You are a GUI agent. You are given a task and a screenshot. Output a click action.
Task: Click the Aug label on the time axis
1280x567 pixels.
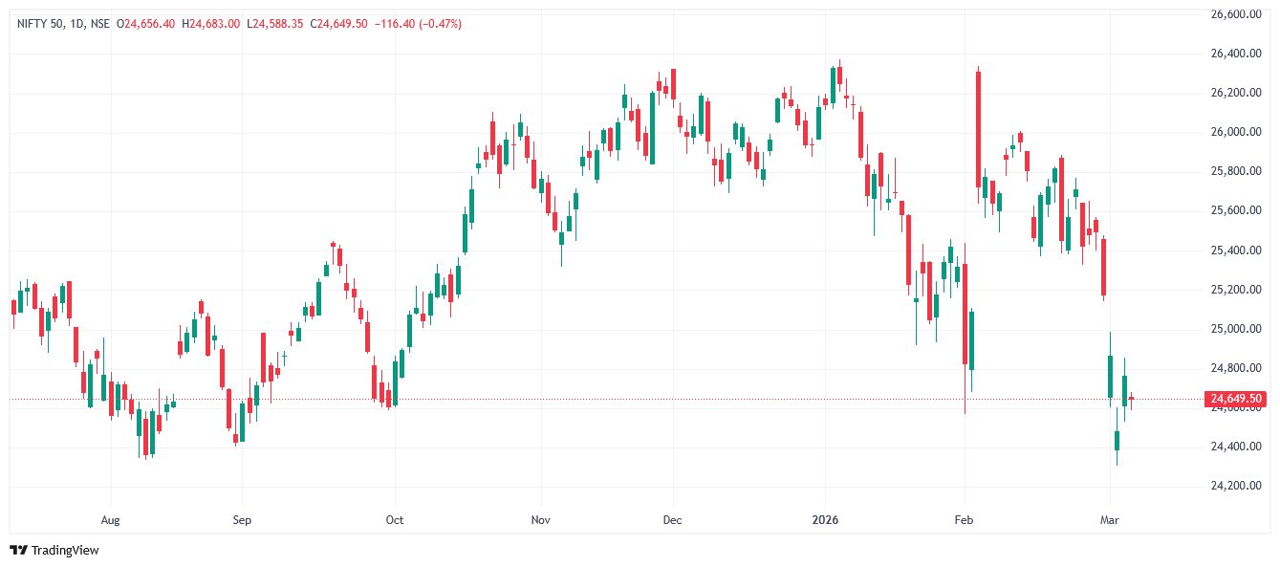click(x=111, y=520)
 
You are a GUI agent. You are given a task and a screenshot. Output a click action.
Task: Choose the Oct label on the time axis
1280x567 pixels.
click(x=394, y=520)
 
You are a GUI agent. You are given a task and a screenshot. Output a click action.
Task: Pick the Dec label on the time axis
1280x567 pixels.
click(x=672, y=520)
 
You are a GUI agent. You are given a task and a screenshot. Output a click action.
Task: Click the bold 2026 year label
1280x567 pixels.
click(x=824, y=520)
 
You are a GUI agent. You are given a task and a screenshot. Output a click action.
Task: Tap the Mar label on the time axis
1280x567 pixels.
click(x=1110, y=520)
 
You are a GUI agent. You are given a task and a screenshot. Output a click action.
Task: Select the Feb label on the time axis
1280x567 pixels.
click(x=964, y=520)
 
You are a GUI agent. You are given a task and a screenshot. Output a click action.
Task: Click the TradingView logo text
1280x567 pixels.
click(x=65, y=550)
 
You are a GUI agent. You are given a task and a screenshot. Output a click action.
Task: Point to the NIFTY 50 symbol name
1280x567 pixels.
click(x=39, y=24)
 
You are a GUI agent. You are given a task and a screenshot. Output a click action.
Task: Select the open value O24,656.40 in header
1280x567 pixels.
click(x=145, y=24)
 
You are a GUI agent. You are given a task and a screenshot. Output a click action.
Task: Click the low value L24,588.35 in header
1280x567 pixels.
click(x=275, y=24)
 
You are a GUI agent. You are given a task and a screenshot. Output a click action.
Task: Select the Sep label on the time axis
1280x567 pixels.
click(x=242, y=520)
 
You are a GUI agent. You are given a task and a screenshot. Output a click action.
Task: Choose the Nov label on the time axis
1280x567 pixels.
click(x=541, y=520)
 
